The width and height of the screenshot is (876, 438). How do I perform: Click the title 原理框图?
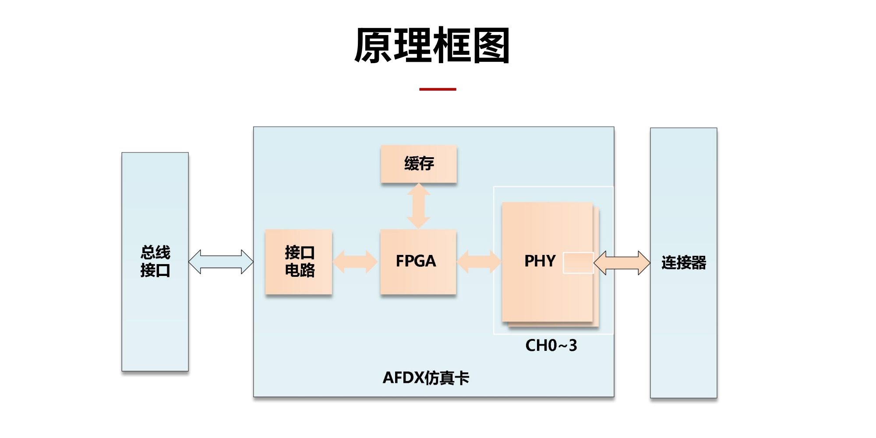(432, 46)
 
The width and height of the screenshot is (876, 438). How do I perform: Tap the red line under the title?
(438, 89)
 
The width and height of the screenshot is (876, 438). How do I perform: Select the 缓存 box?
(419, 164)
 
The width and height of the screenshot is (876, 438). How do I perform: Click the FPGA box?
(418, 261)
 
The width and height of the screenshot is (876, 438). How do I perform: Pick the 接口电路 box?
(299, 261)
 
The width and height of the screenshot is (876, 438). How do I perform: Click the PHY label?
(540, 261)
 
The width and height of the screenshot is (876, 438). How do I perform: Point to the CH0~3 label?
(551, 346)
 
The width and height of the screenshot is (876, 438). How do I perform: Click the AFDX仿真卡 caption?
(426, 378)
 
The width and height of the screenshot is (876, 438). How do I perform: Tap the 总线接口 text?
(155, 261)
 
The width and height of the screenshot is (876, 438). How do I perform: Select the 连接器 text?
(684, 263)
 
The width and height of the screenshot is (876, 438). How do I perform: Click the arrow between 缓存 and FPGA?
(419, 206)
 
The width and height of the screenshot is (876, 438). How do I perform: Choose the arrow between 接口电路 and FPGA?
(355, 261)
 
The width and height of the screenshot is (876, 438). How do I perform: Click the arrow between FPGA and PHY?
(479, 261)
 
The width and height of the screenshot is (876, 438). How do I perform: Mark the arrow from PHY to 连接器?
(622, 263)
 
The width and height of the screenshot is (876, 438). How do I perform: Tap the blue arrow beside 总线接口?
(221, 262)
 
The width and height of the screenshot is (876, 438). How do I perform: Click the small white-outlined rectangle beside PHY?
(578, 263)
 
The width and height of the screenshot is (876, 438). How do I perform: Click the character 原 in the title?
(373, 46)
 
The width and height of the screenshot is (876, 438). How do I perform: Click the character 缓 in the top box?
(411, 164)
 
